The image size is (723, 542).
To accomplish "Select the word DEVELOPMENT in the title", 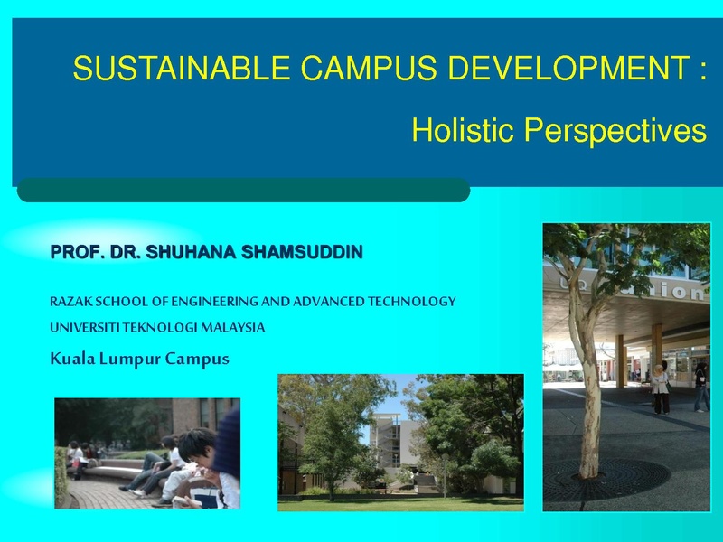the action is [569, 68].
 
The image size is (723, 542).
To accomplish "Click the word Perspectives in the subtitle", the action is [615, 130].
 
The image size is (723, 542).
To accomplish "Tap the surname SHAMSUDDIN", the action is [302, 252].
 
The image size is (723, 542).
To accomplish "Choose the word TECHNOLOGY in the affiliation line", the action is [412, 302].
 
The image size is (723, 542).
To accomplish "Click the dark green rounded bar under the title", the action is [243, 190].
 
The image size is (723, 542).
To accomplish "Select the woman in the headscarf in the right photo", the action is [660, 389].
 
